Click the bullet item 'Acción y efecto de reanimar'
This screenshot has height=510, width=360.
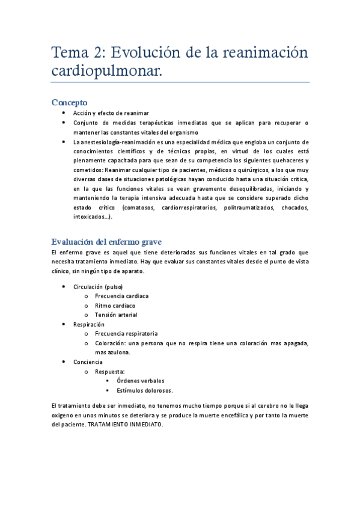coord(111,113)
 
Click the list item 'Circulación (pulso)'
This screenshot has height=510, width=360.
coord(98,287)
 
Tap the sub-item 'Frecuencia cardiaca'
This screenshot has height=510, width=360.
coord(122,296)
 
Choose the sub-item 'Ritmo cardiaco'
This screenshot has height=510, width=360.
coord(115,306)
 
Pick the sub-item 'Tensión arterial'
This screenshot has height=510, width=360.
coord(116,315)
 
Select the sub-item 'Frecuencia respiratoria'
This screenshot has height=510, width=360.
coord(126,333)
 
